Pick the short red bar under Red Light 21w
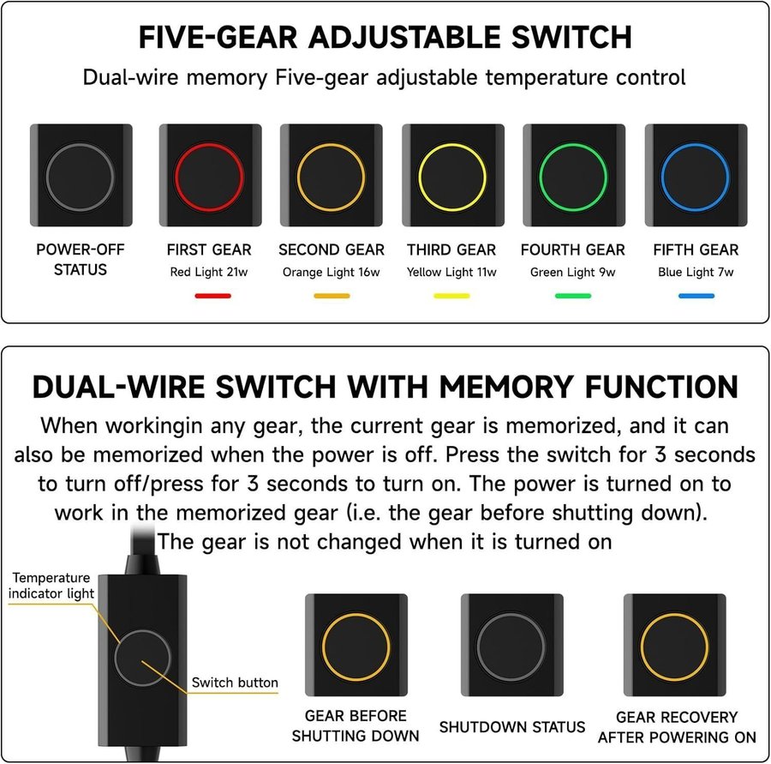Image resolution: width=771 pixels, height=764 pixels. click(x=213, y=296)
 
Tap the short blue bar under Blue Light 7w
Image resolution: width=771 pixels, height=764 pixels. click(x=696, y=296)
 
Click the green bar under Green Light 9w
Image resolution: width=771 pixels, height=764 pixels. click(x=573, y=296)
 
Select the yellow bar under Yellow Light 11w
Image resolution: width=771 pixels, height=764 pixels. click(x=451, y=296)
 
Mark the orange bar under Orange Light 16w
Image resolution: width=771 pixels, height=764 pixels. click(x=332, y=296)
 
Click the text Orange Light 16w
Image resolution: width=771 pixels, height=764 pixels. click(x=331, y=272)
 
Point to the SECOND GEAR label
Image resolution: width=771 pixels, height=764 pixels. click(x=332, y=250)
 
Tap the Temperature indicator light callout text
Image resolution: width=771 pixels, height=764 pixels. click(x=51, y=586)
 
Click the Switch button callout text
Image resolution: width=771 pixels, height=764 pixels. click(x=235, y=683)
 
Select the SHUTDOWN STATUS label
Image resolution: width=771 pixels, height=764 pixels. click(x=512, y=727)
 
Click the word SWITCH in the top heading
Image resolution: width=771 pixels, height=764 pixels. click(x=572, y=37)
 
